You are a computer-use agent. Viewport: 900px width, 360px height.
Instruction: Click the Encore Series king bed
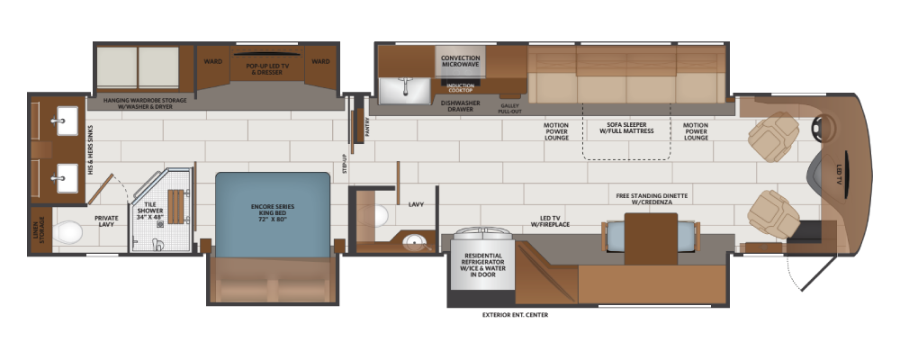click(273, 215)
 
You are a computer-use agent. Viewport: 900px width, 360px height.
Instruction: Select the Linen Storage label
click(40, 229)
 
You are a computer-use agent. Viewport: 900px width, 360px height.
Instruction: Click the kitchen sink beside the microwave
click(405, 90)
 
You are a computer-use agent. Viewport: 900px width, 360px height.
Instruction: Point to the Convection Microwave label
click(460, 61)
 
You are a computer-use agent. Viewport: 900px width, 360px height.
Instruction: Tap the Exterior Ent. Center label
click(516, 315)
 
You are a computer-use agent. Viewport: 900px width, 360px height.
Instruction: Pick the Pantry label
click(367, 126)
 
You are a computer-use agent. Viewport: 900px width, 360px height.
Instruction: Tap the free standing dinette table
click(651, 238)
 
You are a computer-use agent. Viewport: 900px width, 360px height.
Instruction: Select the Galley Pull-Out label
click(510, 109)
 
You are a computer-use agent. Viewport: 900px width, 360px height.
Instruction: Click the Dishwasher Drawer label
click(460, 105)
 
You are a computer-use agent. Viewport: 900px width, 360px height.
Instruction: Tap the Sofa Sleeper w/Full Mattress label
click(626, 128)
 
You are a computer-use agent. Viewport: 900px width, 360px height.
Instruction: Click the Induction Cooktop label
click(460, 88)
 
